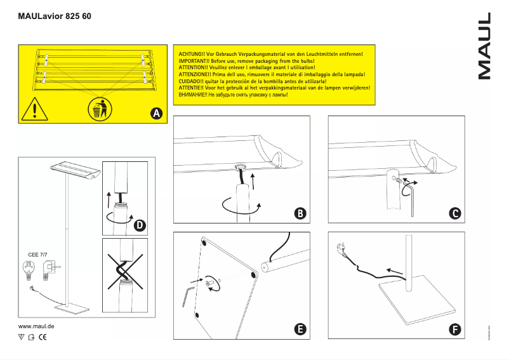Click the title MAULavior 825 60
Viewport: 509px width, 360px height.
[53, 15]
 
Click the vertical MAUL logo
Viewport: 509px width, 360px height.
[484, 46]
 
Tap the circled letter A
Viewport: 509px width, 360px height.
[156, 113]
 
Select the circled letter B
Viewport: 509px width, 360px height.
[301, 214]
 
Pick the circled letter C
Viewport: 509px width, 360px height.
[455, 214]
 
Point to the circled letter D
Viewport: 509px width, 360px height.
[139, 225]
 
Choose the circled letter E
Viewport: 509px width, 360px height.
[301, 330]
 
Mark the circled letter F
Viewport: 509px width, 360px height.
[455, 330]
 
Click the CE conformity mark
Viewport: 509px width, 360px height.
[43, 337]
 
